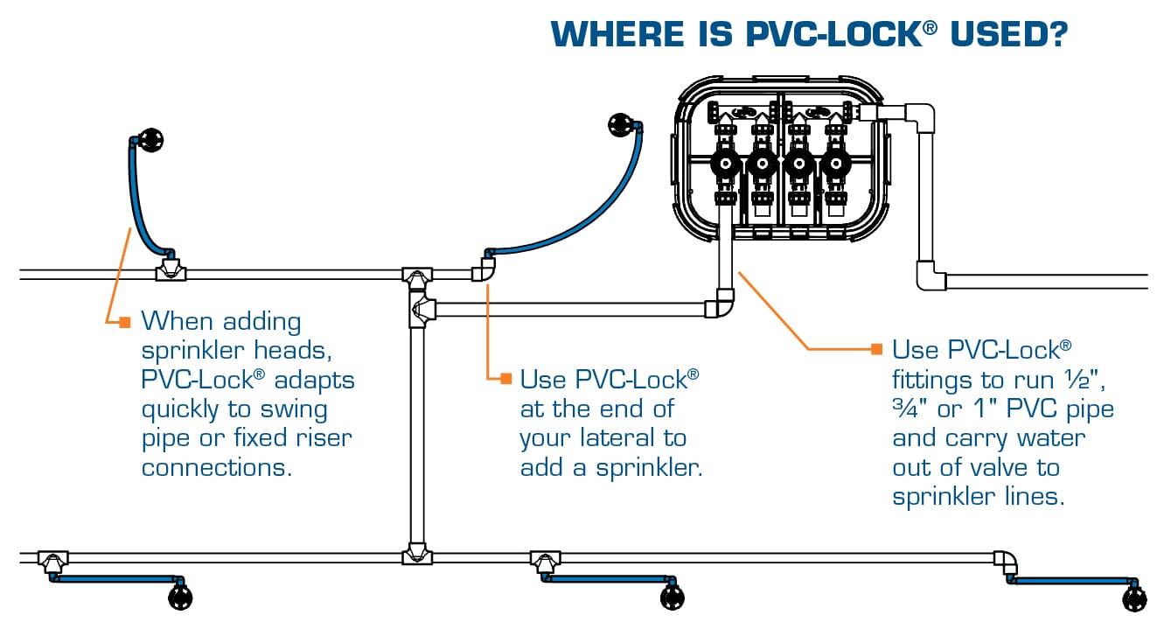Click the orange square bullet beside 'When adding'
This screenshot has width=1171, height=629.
[124, 321]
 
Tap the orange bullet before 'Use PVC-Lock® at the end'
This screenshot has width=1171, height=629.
[505, 378]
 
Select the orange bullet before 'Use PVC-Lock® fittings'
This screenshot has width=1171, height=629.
[876, 349]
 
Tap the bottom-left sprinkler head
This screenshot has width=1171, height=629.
[179, 598]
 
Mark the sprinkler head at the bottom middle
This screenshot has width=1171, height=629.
[672, 598]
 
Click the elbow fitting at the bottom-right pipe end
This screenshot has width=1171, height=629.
[1006, 561]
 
